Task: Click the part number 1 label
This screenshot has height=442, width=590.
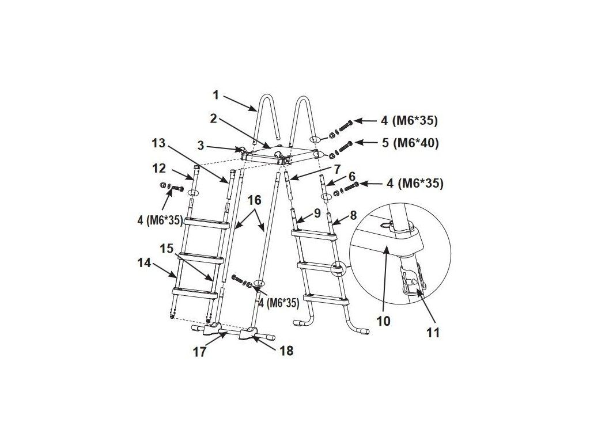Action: coord(216,95)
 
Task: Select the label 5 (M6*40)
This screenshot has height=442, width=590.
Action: coord(410,143)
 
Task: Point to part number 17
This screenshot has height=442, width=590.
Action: coord(200,352)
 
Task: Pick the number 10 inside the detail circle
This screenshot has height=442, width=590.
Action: coord(384,321)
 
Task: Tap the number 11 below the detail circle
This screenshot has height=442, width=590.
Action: coord(433,332)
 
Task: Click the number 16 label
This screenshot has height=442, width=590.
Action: coord(254,200)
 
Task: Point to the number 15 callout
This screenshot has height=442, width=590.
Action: coord(167,248)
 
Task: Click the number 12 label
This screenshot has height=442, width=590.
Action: coord(160,169)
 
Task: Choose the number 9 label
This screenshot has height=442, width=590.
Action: coord(317,214)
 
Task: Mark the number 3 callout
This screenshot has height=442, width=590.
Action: coord(201,146)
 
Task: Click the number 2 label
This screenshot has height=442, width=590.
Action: coord(213,119)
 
